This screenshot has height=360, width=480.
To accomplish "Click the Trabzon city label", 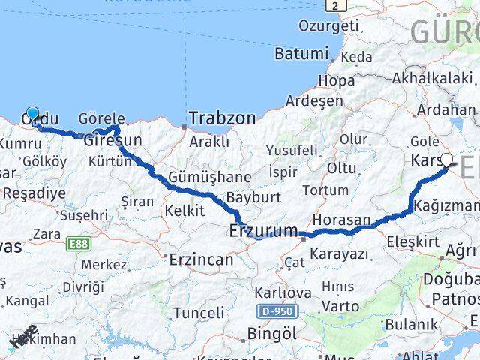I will pyautogui.click(x=222, y=118).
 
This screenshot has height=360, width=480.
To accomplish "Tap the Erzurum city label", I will pyautogui.click(x=263, y=232).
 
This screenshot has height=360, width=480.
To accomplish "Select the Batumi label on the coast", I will pyautogui.click(x=301, y=54).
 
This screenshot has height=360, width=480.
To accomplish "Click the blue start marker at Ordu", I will pyautogui.click(x=32, y=113).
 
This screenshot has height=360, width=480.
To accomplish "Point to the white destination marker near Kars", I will pyautogui.click(x=447, y=160).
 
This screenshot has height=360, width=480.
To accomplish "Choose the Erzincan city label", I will pyautogui.click(x=202, y=259).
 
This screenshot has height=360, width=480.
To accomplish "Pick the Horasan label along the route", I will pyautogui.click(x=342, y=220).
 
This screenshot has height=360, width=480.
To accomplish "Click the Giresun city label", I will pyautogui.click(x=112, y=141).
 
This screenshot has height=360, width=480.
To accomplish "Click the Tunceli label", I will pyautogui.click(x=198, y=313).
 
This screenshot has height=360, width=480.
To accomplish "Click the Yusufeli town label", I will pyautogui.click(x=292, y=150).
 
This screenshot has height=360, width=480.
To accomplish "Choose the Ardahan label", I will pyautogui.click(x=445, y=109).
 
